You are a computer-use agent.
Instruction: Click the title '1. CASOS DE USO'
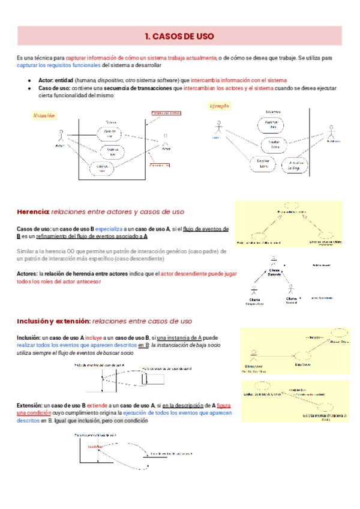point(180,36)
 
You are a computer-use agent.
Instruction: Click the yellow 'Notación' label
point(44,115)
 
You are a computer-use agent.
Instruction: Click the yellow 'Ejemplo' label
point(218,106)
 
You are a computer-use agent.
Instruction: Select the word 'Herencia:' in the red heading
point(33,211)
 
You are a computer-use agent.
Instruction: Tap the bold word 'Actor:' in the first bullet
point(46,80)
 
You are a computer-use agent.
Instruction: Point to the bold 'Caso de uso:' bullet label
point(55,88)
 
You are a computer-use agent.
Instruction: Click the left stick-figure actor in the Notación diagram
point(59,135)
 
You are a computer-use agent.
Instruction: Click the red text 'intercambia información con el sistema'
point(238,80)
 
